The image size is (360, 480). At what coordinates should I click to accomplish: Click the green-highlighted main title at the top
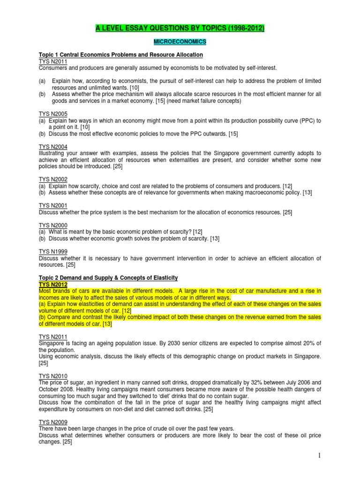(180, 29)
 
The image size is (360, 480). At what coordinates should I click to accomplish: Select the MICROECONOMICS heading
(180, 42)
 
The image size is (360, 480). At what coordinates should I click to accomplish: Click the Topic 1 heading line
(120, 55)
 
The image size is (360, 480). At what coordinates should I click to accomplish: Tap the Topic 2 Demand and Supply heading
(108, 278)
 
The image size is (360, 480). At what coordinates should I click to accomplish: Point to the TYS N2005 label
(53, 113)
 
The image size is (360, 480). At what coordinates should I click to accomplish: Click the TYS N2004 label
(53, 147)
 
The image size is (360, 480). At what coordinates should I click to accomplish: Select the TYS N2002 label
(53, 180)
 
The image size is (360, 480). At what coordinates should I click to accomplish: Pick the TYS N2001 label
(53, 206)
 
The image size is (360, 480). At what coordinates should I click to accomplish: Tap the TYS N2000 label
(53, 225)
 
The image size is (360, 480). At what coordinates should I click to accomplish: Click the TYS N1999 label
(53, 252)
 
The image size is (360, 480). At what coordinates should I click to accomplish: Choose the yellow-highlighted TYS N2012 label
(53, 285)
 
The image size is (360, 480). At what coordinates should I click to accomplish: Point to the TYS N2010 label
(53, 376)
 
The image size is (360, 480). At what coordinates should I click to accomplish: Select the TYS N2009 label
(53, 422)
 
